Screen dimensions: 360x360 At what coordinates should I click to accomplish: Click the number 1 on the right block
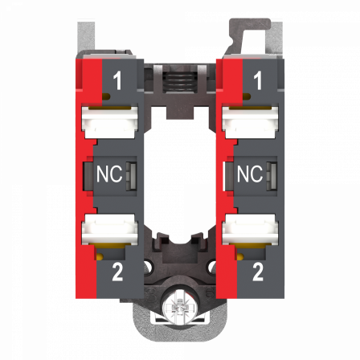tap(257, 80)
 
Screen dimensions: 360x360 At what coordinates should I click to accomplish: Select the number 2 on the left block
tap(117, 272)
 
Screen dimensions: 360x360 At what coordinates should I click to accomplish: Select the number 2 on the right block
tap(257, 272)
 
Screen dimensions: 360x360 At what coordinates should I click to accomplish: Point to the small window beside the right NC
tap(272, 174)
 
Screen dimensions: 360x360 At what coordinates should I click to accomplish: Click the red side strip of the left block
tap(78, 177)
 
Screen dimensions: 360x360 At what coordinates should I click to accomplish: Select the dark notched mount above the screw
tap(180, 245)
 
